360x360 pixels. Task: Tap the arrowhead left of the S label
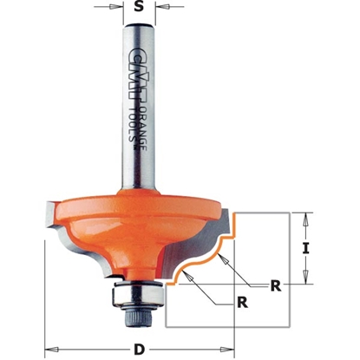(x=122, y=13)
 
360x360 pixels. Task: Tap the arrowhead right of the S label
(x=155, y=13)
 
